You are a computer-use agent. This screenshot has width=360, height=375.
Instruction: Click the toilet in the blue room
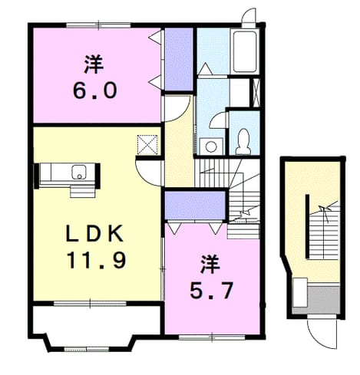click(243, 141)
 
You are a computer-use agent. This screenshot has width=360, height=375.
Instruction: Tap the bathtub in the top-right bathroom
click(245, 51)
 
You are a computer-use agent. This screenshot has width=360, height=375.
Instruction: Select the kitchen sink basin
click(79, 172)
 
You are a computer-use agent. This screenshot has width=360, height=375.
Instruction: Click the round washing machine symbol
click(211, 146)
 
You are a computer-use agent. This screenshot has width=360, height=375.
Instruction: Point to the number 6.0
click(95, 90)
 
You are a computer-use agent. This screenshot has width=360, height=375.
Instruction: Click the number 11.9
click(97, 260)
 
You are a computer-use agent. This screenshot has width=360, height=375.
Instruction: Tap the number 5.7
click(211, 291)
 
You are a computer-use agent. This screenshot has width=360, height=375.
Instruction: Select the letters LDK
click(94, 234)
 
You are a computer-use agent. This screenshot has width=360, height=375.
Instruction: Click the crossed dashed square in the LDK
click(147, 145)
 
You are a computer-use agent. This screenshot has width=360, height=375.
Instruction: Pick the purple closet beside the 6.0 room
click(179, 59)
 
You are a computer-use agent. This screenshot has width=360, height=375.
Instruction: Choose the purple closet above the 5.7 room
click(195, 206)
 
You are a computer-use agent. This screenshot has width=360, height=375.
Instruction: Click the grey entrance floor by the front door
click(323, 300)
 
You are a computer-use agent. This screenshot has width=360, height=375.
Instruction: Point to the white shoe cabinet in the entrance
click(300, 292)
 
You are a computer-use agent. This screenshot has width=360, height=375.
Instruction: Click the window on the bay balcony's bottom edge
click(87, 349)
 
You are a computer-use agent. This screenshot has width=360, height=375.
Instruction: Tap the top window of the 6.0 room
click(99, 25)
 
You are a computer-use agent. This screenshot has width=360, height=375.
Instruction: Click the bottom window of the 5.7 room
click(212, 337)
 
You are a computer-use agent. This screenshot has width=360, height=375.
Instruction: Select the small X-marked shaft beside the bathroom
click(256, 93)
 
